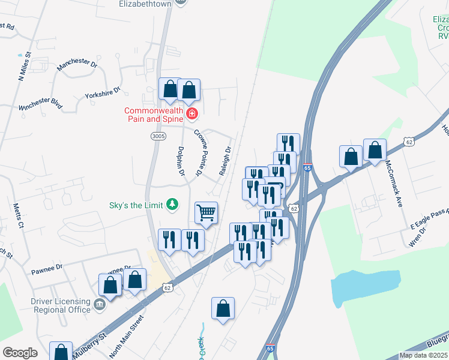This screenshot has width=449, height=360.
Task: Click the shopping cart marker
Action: [206, 212]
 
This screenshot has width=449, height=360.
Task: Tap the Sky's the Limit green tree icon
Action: [173, 205]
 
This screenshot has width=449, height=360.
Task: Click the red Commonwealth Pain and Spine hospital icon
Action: [192, 113]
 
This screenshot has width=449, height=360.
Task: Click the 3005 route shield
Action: [158, 137]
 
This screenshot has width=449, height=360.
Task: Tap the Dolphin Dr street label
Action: [180, 161]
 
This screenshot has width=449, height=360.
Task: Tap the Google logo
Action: [20, 353]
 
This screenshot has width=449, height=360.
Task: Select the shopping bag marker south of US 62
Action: [223, 308]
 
